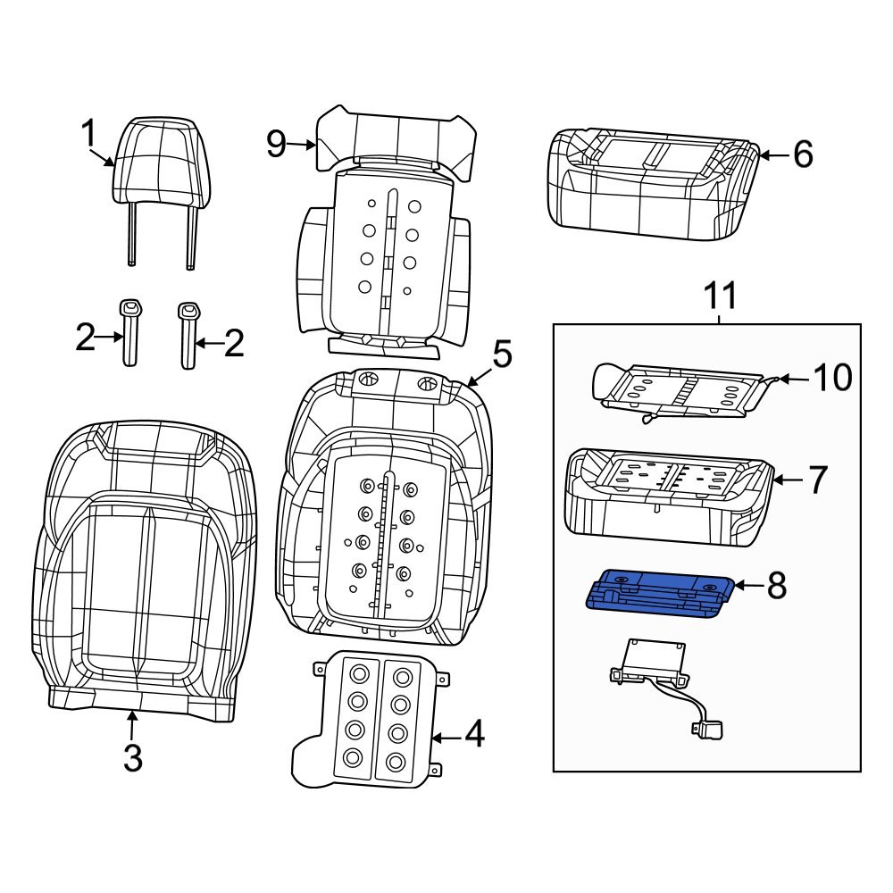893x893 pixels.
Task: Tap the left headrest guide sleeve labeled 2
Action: (130, 332)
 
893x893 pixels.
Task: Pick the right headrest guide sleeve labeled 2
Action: (188, 334)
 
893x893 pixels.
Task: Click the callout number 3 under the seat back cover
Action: (132, 758)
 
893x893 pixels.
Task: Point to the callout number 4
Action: (473, 735)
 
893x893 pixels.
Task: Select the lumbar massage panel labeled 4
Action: (366, 720)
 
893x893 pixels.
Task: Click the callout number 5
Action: (502, 355)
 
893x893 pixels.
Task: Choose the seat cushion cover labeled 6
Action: (652, 186)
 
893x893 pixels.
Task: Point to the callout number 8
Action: (776, 586)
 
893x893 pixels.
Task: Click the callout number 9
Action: (276, 143)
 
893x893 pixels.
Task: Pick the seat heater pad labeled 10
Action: (679, 389)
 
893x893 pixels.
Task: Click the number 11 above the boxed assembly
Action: (719, 294)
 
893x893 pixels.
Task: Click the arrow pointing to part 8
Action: (748, 586)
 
